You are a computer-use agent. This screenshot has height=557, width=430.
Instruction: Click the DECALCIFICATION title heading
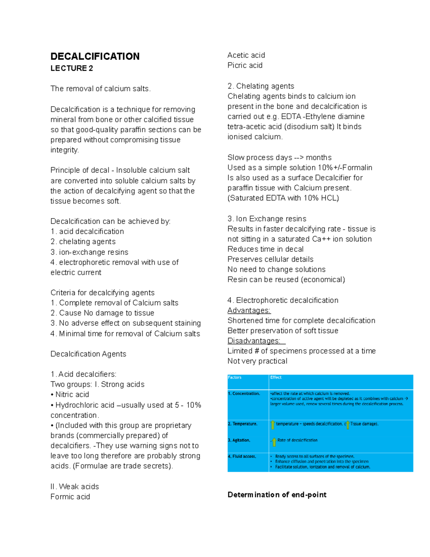(x=95, y=56)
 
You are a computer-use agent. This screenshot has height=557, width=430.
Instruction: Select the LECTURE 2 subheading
(x=72, y=68)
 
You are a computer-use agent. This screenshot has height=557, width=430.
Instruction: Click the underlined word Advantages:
(x=249, y=310)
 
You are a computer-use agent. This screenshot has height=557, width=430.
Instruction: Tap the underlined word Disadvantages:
(x=254, y=341)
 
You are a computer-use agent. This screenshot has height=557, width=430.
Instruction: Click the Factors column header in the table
(x=235, y=377)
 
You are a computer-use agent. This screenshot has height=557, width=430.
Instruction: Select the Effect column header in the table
(x=276, y=377)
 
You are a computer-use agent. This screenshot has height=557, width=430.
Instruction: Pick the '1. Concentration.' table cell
(x=244, y=393)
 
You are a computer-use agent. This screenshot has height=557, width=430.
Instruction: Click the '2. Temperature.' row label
(x=243, y=424)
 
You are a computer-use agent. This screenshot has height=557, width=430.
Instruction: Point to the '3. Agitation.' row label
(x=239, y=440)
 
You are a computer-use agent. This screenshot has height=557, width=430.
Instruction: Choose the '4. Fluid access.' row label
(x=242, y=457)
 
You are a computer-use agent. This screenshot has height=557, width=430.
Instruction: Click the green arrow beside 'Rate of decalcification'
(x=274, y=442)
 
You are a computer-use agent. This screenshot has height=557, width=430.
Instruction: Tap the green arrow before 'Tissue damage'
(x=348, y=425)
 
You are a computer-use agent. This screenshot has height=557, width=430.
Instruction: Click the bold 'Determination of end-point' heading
(x=277, y=495)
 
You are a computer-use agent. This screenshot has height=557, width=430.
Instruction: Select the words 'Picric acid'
(x=245, y=65)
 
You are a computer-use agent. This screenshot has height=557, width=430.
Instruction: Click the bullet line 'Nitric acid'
(x=72, y=395)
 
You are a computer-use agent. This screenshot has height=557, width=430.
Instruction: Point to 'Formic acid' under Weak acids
(x=70, y=497)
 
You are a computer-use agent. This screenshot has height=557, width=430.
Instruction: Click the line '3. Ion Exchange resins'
(x=267, y=219)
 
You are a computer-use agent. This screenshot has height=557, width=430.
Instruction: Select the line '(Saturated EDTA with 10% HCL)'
(x=283, y=198)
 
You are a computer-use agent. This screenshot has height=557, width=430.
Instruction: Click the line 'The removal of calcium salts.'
(x=101, y=89)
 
